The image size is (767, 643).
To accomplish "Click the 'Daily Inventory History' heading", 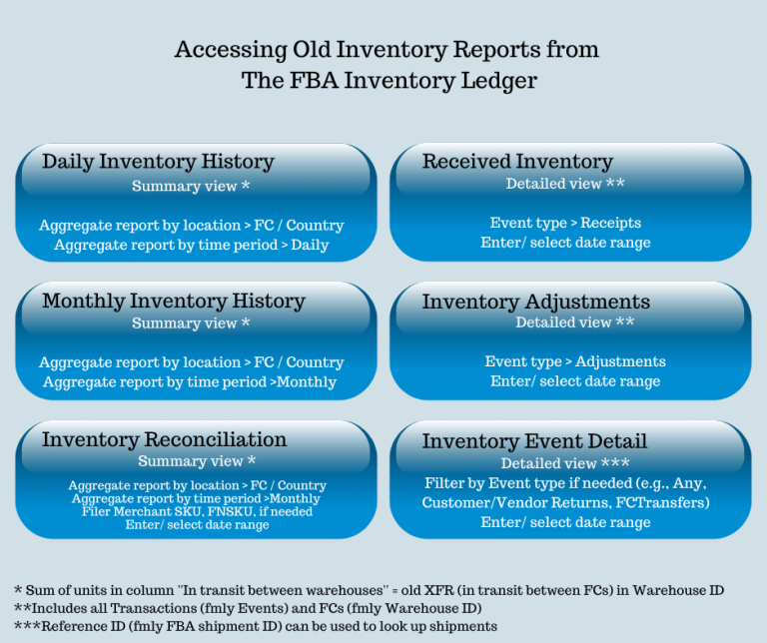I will (x=158, y=162).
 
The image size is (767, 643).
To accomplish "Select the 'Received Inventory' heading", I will (x=517, y=162).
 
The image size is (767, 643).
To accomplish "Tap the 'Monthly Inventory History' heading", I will (x=174, y=301).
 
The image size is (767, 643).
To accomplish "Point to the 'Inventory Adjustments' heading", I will (x=535, y=302).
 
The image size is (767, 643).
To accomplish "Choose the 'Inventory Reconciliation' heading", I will (x=164, y=439).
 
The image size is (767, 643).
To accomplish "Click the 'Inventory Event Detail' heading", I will (x=534, y=441).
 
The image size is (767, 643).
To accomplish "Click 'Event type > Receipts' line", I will (x=565, y=223).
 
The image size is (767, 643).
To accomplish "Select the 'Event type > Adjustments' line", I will (x=575, y=361).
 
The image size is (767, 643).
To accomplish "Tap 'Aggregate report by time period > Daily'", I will (x=191, y=245).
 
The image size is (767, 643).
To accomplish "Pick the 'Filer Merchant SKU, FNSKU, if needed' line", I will (x=197, y=511).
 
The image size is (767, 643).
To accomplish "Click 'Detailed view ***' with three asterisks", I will (x=565, y=463).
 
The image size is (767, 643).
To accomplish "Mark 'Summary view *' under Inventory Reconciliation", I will (x=197, y=461).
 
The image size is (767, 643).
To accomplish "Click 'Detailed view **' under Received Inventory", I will (x=565, y=184).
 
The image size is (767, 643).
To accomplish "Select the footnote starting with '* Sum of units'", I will (x=369, y=590).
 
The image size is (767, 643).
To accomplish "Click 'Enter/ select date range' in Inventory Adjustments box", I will (x=575, y=381).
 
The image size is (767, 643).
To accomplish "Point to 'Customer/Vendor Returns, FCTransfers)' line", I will (x=565, y=502).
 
